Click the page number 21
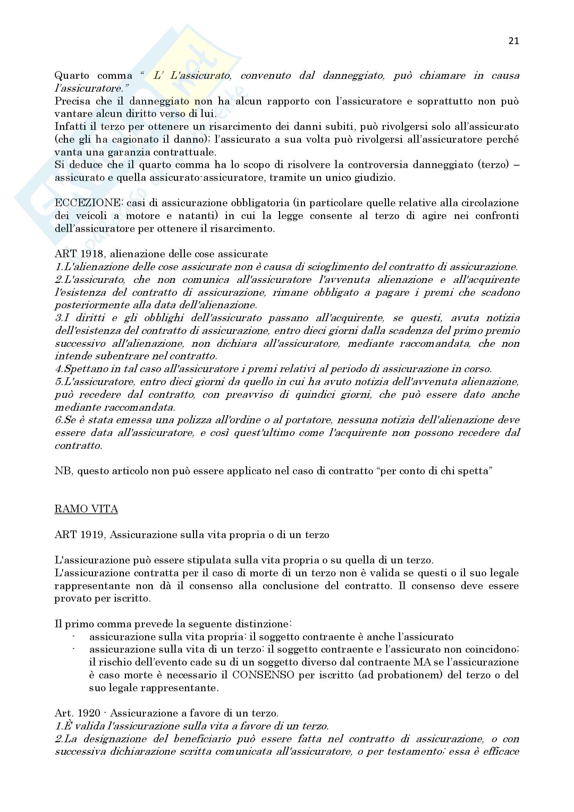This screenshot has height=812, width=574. click(514, 41)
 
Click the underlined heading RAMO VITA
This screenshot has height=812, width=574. click(86, 509)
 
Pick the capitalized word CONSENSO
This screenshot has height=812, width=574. click(263, 675)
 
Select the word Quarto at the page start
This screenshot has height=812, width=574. click(72, 75)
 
